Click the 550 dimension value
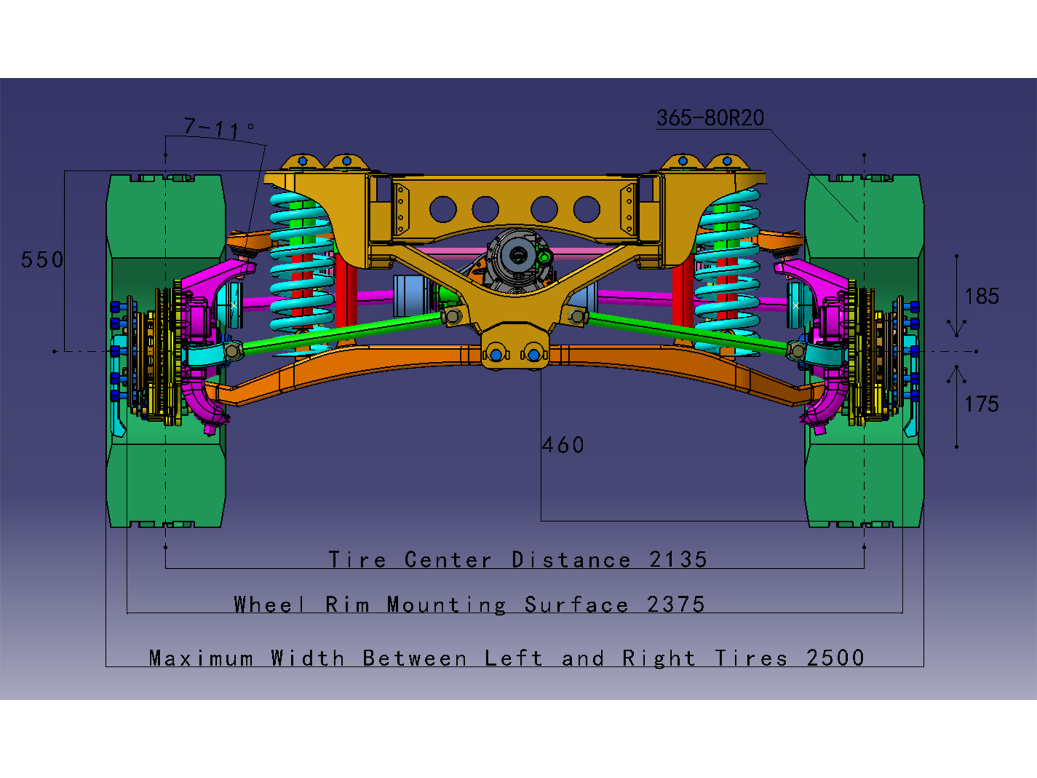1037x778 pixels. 42,260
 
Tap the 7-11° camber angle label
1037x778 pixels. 217,128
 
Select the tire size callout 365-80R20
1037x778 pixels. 710,118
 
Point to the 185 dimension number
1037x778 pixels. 982,296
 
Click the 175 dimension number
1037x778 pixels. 981,404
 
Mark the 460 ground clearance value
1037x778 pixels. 563,445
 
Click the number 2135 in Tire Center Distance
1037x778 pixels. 678,559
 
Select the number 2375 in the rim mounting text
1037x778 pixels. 675,605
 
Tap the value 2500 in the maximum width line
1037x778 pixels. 835,658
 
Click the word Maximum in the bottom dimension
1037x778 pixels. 201,658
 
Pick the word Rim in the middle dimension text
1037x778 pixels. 347,605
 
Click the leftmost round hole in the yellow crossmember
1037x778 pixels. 443,209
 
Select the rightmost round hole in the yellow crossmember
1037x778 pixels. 587,209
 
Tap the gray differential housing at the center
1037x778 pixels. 516,258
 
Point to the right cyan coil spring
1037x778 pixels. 728,264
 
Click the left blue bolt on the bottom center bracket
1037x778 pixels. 496,355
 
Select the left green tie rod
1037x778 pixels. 340,332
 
